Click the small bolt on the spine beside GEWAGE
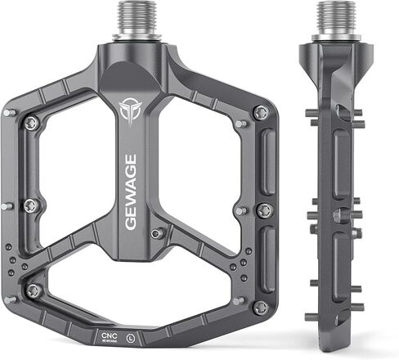pyautogui.click(x=157, y=232)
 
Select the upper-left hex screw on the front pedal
pyautogui.click(x=31, y=123)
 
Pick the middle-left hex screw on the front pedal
pyautogui.click(x=30, y=204)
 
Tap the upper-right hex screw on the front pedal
pyautogui.click(x=260, y=113)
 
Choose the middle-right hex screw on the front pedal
pyautogui.click(x=263, y=210)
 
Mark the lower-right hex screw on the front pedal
pyautogui.click(x=260, y=307)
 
